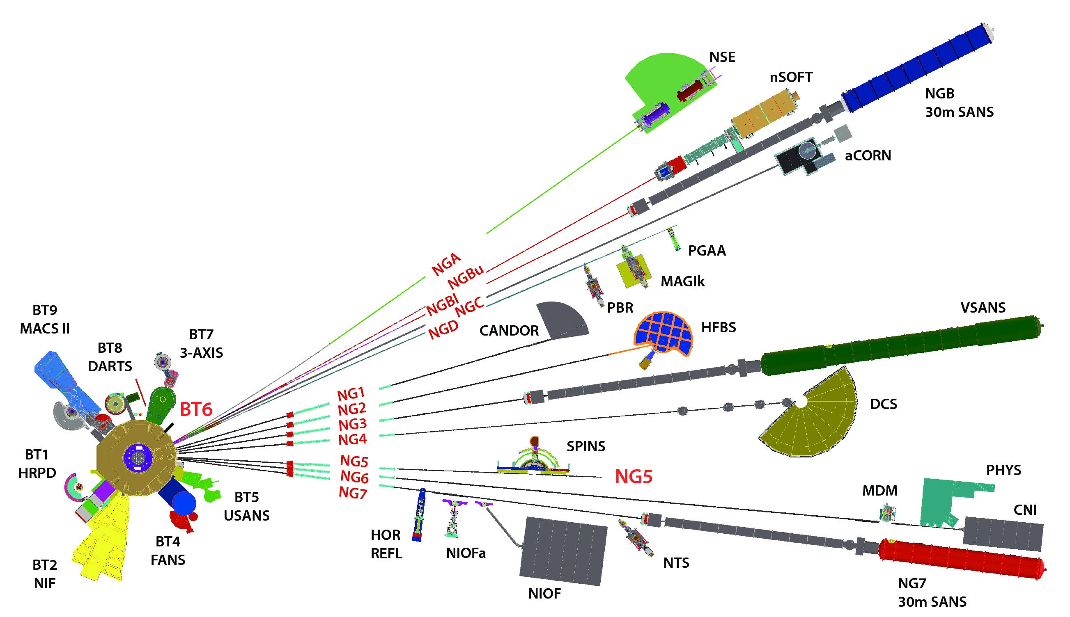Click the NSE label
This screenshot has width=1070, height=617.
[722, 57]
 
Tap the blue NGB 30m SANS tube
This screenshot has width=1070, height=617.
[916, 68]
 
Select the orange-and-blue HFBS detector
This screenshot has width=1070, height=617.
[663, 333]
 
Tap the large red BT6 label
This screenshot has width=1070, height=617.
[195, 409]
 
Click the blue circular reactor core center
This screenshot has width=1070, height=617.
[138, 457]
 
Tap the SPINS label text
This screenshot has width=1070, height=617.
[586, 446]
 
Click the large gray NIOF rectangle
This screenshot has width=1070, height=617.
[563, 551]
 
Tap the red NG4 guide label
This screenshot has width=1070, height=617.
[352, 439]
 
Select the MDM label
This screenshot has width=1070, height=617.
[879, 491]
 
